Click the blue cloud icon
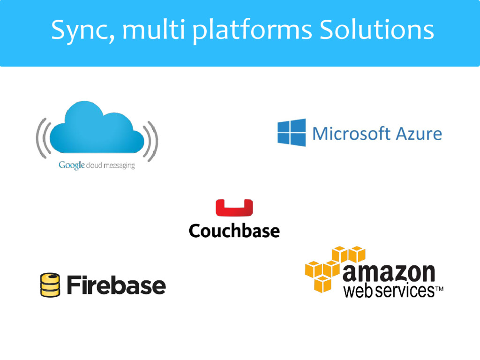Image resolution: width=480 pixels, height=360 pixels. (97, 129)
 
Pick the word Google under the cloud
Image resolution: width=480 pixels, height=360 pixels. (71, 165)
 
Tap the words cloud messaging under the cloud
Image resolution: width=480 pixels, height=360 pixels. (110, 165)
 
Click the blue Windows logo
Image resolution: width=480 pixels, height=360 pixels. (291, 133)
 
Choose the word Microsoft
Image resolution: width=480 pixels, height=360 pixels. (352, 134)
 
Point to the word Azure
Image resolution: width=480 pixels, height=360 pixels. (419, 134)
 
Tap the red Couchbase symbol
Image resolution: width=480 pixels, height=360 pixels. (234, 208)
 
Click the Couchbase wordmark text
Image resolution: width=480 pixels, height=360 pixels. (234, 231)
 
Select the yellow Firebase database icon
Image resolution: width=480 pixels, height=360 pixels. (50, 285)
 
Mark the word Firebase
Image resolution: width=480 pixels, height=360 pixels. (116, 285)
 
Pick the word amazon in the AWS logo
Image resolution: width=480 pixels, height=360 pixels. (389, 272)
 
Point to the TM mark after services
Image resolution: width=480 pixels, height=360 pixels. (439, 290)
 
